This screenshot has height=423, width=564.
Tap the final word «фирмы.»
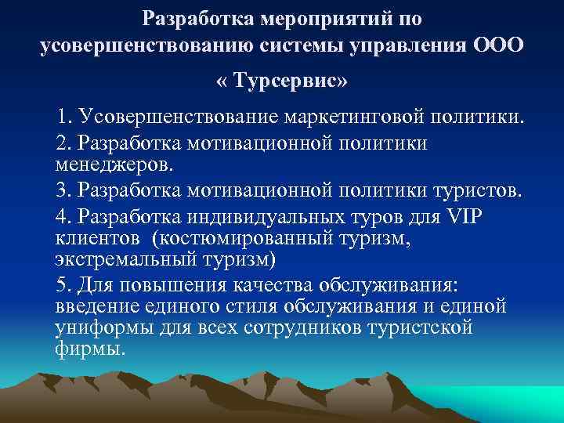90,348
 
